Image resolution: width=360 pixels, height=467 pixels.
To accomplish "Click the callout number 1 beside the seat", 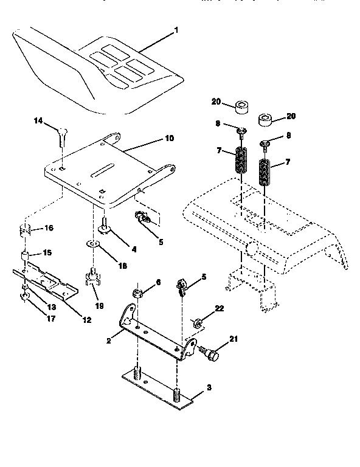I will pyautogui.click(x=177, y=29).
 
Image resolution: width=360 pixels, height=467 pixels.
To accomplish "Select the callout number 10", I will pyautogui.click(x=169, y=139).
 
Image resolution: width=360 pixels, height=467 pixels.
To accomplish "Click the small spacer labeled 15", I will pyautogui.click(x=26, y=255).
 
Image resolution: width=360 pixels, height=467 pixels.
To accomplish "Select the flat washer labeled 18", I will pyautogui.click(x=92, y=245).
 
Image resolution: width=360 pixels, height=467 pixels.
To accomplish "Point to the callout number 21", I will pyautogui.click(x=233, y=339).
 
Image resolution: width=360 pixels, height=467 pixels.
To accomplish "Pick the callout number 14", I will pyautogui.click(x=38, y=122).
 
